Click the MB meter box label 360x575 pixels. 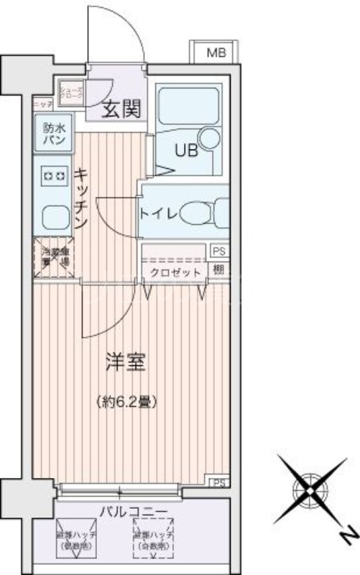tap(215, 52)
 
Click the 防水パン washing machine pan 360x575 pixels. tap(54, 134)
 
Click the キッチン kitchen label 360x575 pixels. tap(81, 197)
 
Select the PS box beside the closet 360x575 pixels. tap(218, 251)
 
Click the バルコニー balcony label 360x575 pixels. tap(134, 512)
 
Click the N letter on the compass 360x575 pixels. tap(346, 535)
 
